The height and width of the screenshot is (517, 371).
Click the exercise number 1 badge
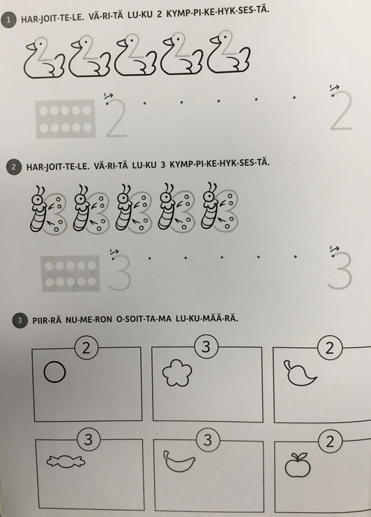coord(8,20)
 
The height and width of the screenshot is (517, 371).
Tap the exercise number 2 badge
coord(14,167)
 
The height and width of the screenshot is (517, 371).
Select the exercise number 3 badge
coord(20,321)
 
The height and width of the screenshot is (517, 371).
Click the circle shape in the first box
coord(54,372)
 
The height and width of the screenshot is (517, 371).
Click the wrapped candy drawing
coord(66,461)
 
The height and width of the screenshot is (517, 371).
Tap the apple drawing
coord(298,465)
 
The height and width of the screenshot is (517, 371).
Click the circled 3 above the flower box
coord(206,347)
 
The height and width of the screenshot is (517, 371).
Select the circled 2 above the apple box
coord(330,441)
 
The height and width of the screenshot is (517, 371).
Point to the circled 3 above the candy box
coord(89,439)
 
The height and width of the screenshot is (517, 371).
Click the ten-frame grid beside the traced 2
coord(66,119)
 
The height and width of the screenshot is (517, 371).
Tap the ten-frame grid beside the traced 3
coord(70,274)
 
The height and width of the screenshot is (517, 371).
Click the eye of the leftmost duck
coord(40,43)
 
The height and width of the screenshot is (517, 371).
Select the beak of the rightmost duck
coord(215,40)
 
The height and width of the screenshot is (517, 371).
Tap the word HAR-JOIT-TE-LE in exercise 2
coord(58,166)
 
